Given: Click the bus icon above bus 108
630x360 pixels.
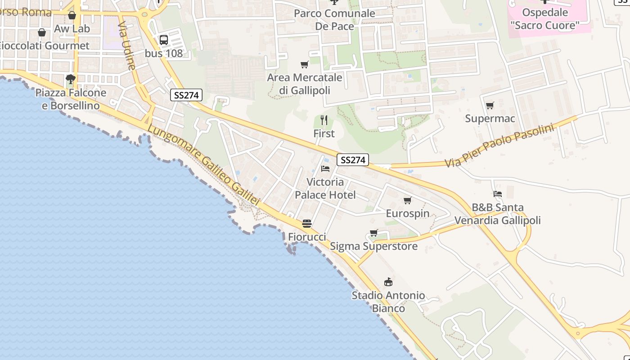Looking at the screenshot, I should click(164, 40).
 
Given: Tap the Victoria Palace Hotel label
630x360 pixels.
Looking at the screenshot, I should click(325, 189).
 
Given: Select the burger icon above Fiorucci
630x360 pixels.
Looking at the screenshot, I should click(307, 224).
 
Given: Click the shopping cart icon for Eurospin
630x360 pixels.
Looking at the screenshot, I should click(407, 200).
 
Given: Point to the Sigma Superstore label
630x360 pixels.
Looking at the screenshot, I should click(373, 247).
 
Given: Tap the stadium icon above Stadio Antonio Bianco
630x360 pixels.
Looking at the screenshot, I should click(388, 282).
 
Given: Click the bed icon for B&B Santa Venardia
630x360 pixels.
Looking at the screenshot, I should click(497, 194).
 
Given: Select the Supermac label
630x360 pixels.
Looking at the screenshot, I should click(490, 119).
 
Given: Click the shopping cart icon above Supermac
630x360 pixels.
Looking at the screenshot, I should click(490, 106).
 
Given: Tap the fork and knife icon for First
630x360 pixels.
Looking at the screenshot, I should click(324, 120).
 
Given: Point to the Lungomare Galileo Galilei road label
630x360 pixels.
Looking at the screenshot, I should click(203, 165).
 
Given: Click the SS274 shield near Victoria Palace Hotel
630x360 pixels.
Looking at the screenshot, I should click(352, 160).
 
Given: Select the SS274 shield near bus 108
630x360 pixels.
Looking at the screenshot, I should click(186, 95).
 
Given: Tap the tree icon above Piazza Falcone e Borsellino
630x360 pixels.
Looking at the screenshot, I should click(70, 80).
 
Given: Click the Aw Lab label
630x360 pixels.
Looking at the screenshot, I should click(72, 29).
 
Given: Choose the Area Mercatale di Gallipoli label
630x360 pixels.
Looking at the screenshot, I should click(305, 84).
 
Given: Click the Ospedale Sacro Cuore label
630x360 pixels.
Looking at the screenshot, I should click(545, 19).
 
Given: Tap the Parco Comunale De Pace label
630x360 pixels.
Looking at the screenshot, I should click(334, 20).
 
